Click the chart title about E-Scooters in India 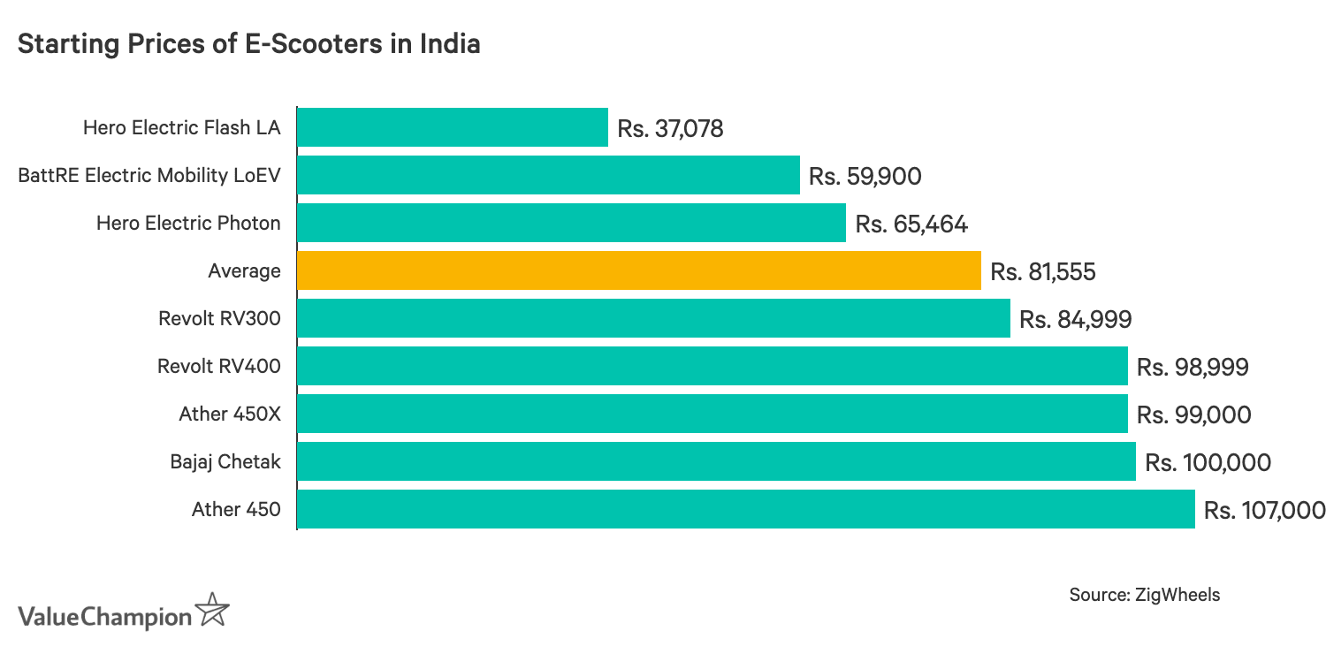click(x=248, y=44)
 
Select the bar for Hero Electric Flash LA click(x=453, y=127)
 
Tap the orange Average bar click(x=639, y=270)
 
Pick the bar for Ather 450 click(x=746, y=509)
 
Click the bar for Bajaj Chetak click(x=716, y=461)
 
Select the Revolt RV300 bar click(x=653, y=318)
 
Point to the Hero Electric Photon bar click(x=571, y=223)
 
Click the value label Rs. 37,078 click(x=670, y=129)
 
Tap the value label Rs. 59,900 click(x=865, y=177)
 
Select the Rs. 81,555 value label click(x=1043, y=271)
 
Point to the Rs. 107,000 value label click(x=1264, y=510)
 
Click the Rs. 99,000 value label click(x=1193, y=414)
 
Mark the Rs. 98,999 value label click(x=1193, y=367)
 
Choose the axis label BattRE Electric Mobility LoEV click(x=149, y=176)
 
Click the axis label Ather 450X click(x=229, y=414)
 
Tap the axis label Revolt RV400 click(x=218, y=366)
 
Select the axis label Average click(x=244, y=271)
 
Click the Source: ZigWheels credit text click(x=1144, y=595)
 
